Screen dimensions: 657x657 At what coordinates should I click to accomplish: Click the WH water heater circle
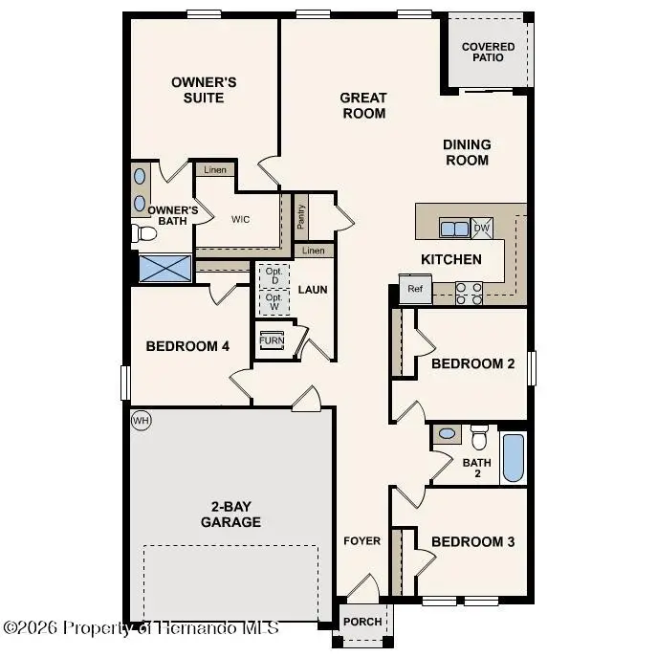142,421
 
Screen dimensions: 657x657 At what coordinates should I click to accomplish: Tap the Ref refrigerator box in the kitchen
415,289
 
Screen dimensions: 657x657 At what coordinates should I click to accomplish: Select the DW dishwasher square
482,228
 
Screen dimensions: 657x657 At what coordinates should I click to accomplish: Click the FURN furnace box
272,340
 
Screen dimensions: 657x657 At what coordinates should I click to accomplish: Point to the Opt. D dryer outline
274,274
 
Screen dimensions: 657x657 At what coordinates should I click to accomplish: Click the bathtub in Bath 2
513,458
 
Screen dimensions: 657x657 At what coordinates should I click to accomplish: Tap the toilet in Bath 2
479,437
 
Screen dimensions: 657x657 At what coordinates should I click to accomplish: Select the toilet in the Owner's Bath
144,232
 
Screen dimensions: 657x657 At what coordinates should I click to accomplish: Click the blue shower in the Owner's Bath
166,268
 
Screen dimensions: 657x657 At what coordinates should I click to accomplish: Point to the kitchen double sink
453,228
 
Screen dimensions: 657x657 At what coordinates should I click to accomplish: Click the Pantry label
300,217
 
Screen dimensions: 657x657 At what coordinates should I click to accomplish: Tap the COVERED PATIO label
488,52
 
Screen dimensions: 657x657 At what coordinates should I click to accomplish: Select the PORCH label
362,622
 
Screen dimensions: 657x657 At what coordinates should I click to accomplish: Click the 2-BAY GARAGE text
230,515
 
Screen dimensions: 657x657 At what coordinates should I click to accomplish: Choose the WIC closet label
240,219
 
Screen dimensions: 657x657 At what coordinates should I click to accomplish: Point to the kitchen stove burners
469,293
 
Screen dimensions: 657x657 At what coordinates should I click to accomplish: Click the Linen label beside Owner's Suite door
215,169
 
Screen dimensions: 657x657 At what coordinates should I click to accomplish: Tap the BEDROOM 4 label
187,346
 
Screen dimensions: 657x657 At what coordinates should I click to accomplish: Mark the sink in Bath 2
447,434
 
